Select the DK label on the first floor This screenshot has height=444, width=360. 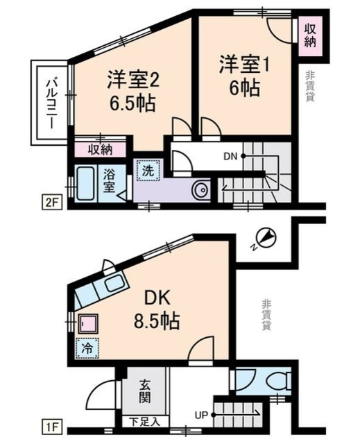[x=157, y=299]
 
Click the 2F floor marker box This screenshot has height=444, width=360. [x=51, y=202]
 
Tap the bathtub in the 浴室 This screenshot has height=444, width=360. [x=86, y=184]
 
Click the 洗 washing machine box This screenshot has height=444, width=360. [x=148, y=170]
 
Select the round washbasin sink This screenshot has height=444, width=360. [x=201, y=189]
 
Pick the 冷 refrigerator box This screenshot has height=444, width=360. [x=87, y=348]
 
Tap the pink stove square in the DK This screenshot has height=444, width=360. [x=88, y=323]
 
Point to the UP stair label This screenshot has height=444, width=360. [x=201, y=415]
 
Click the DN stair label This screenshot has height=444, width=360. [x=231, y=156]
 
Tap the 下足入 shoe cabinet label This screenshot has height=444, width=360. [x=145, y=422]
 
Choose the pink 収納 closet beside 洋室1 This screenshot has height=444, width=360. [x=311, y=36]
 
